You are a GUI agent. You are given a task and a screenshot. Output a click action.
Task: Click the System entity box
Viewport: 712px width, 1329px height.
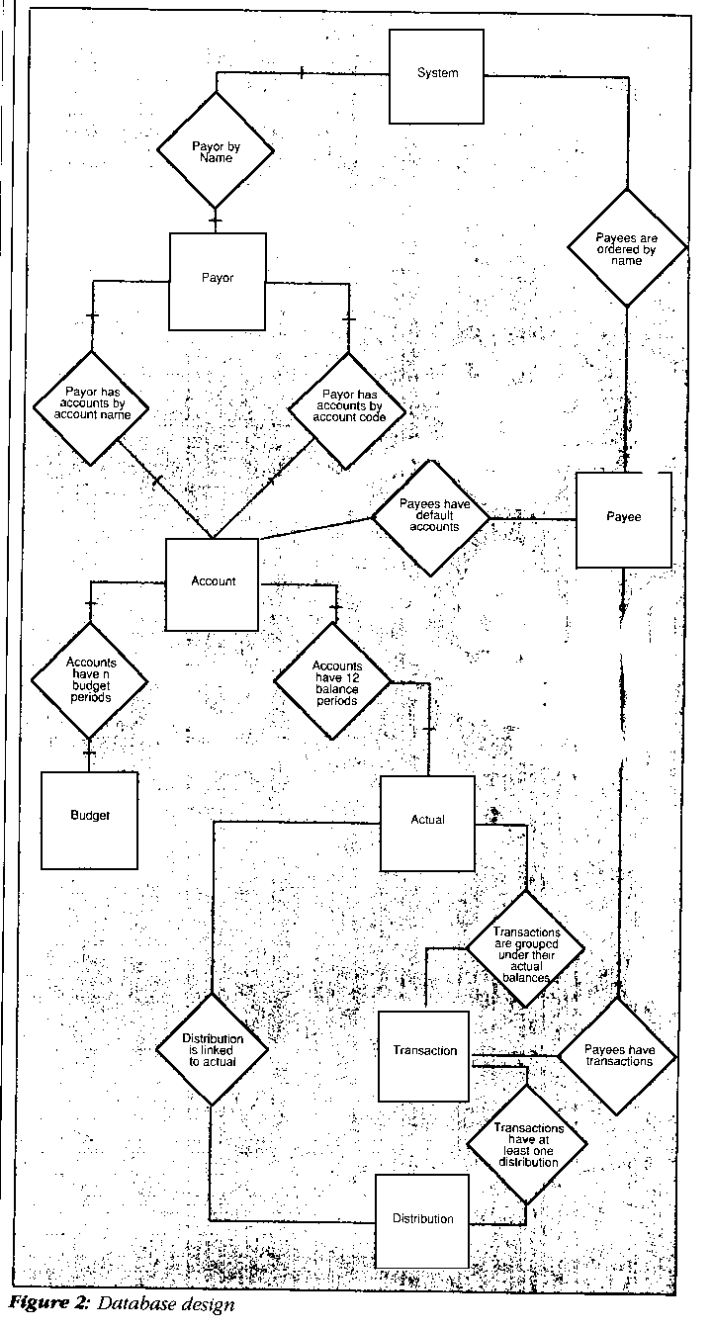point(437,76)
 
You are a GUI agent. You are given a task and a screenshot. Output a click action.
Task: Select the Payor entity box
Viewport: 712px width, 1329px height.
point(218,281)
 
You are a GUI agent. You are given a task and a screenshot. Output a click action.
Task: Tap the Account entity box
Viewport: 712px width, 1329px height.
point(213,583)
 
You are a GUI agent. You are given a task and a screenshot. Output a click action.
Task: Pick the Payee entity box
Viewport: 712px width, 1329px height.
point(623,519)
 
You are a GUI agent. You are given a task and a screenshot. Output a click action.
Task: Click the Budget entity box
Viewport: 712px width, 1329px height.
point(89,819)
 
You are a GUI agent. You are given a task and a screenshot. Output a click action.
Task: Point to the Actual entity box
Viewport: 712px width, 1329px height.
point(427,823)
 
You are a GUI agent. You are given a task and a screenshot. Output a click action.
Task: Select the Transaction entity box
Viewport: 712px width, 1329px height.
point(424,1055)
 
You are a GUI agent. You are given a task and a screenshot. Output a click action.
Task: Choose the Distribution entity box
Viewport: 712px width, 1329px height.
point(422,1220)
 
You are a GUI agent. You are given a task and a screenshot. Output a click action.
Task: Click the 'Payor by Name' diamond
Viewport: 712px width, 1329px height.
point(215,151)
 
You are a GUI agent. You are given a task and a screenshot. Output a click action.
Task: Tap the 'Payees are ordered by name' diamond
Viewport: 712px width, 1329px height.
point(625,245)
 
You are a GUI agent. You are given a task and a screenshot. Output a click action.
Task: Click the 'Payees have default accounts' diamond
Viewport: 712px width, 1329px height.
point(429,517)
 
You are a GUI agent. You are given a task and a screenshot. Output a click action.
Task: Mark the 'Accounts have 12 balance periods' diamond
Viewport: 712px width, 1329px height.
point(332,682)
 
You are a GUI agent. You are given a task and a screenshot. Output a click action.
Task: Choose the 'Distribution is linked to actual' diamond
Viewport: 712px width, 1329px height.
point(213,1050)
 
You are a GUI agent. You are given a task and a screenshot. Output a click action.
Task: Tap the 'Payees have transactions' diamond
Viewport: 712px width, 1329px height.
point(618,1057)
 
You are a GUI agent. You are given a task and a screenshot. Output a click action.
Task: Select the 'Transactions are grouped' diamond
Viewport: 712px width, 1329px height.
point(526,950)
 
